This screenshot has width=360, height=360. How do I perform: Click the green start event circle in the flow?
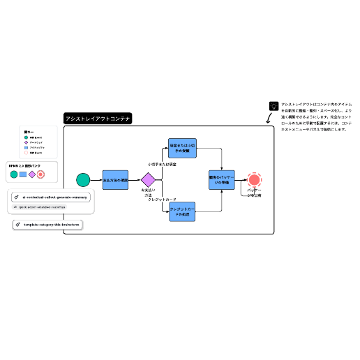83,180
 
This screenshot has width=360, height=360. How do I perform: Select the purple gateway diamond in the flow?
148,180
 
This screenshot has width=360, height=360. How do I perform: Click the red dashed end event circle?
255,180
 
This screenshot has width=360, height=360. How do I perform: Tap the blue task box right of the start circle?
115,180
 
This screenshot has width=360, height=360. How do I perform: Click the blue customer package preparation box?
222,180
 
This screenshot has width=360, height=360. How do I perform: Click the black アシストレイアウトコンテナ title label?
98,119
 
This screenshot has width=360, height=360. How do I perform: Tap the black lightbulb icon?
273,106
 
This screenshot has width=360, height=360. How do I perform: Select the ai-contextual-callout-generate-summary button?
50,197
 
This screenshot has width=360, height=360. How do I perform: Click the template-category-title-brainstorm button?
47,224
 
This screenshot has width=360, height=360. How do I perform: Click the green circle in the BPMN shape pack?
13,174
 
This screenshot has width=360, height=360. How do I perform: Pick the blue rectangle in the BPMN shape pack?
22,174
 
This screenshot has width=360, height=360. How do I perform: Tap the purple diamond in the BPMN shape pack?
31,174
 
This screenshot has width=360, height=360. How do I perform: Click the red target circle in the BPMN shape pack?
40,174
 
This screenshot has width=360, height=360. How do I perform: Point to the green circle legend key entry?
26,137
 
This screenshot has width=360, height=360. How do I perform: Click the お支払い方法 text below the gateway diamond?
148,193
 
